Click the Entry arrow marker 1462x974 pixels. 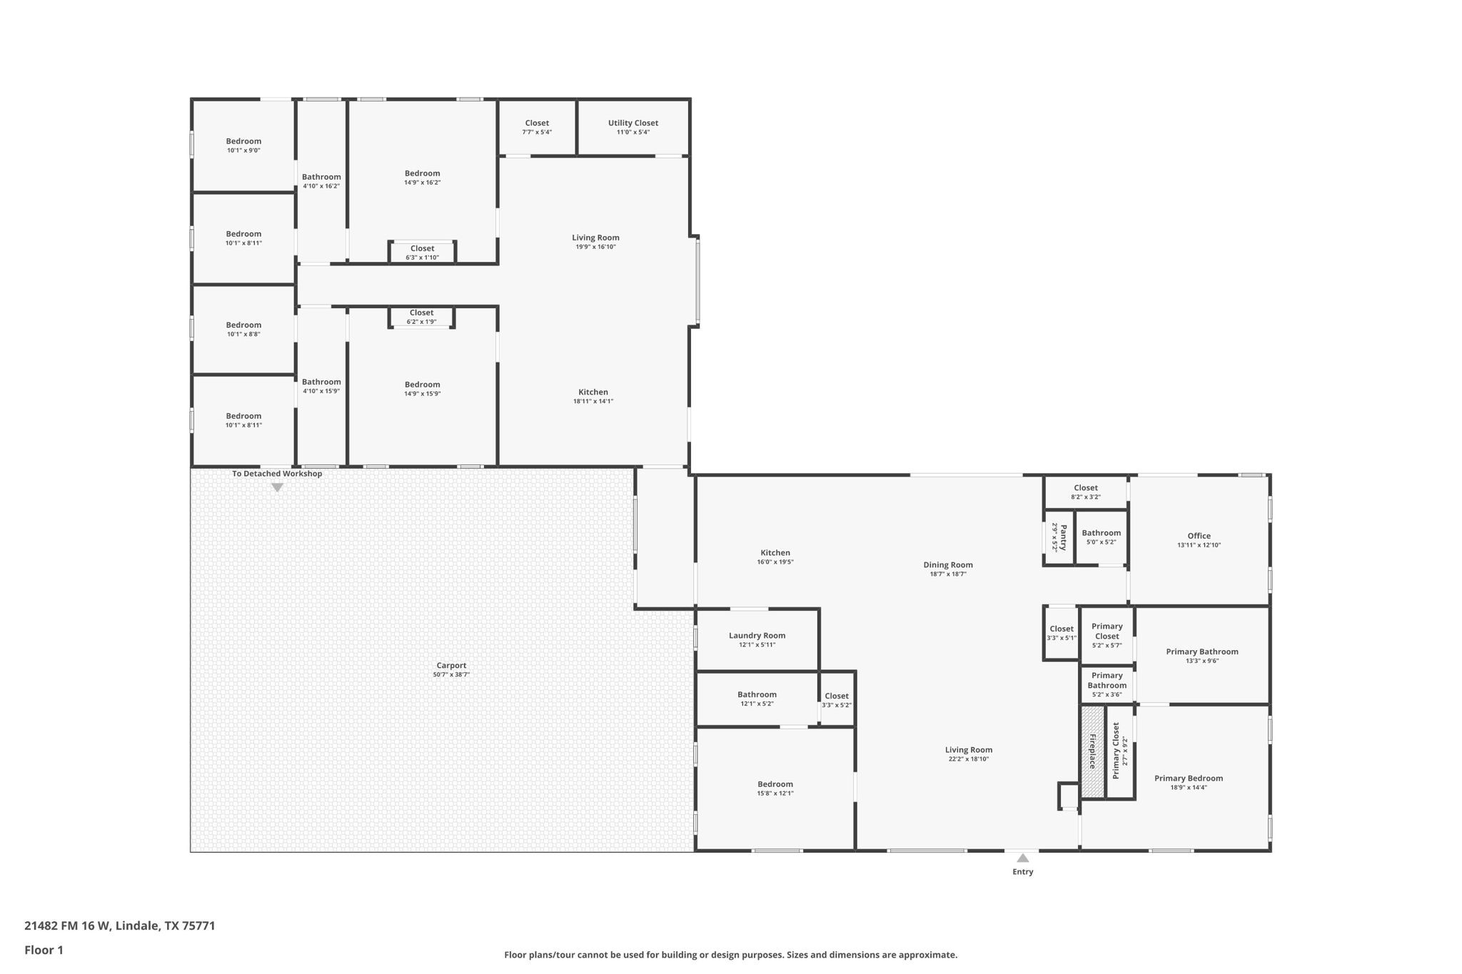coord(1022,858)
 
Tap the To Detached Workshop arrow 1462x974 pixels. coord(277,487)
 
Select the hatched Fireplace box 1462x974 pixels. coord(1092,751)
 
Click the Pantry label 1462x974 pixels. coord(1063,537)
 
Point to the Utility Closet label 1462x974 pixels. coord(632,123)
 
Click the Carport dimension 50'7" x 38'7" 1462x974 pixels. coord(451,675)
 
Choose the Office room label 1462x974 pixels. coord(1199,536)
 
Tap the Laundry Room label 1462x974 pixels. coord(757,636)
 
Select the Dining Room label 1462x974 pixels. coord(947,565)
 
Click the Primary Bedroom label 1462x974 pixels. coord(1188,778)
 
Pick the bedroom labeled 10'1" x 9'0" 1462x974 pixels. coord(243,146)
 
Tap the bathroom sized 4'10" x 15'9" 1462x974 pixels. coord(321,386)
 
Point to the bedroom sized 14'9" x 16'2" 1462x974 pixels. coord(422,178)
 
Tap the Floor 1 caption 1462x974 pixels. coord(44,950)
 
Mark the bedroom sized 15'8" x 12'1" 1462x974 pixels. coord(775,788)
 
